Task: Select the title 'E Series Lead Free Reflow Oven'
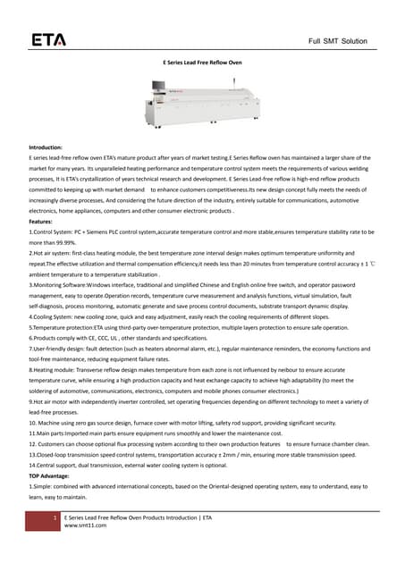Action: (202, 63)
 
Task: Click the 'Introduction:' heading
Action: (46, 147)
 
